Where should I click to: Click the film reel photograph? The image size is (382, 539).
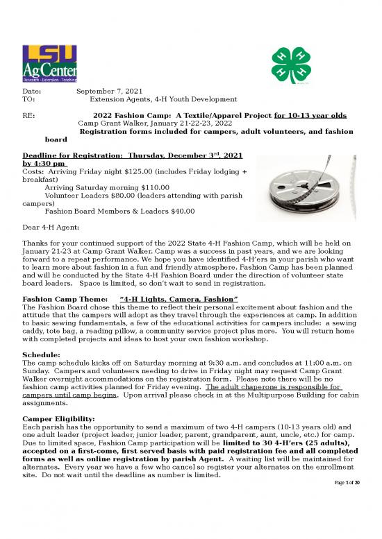tap(308, 176)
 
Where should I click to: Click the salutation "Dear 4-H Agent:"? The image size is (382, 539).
tap(51, 228)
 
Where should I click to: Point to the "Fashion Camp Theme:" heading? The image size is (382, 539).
tap(64, 298)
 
